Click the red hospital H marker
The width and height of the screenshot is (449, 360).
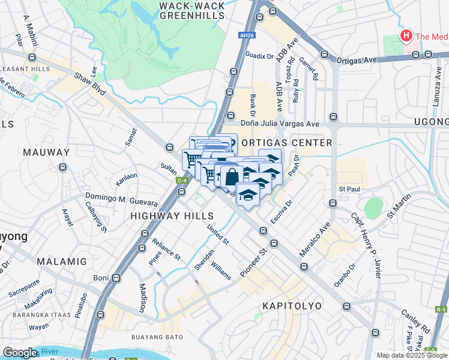click(x=406, y=36)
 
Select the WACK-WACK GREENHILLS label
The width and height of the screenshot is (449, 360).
click(x=192, y=11)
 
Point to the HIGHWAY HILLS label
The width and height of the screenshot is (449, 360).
click(x=172, y=215)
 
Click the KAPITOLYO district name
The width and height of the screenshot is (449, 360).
click(x=292, y=306)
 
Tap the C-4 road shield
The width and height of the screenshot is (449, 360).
click(x=181, y=180)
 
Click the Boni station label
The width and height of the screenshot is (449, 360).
click(x=101, y=278)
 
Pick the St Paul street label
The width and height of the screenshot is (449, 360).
click(x=348, y=189)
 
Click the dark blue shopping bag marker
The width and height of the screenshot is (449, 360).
click(x=231, y=176)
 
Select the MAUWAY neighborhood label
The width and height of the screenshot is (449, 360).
click(x=46, y=152)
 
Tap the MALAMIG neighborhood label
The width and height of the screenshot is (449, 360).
click(x=61, y=262)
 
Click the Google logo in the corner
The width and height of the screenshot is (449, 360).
click(x=20, y=353)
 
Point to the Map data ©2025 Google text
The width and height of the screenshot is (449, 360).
click(x=411, y=355)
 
